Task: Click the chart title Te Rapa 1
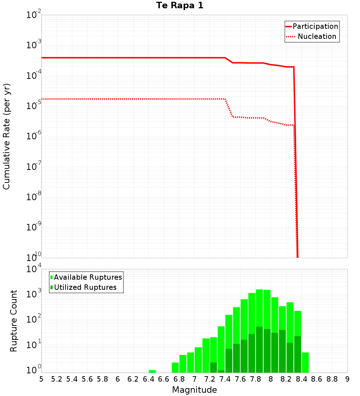point(180,6)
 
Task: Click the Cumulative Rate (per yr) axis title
point(6,136)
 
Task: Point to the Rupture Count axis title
point(14,321)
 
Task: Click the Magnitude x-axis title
point(194,390)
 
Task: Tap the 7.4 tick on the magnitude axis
point(225,379)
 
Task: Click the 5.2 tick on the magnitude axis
point(57,379)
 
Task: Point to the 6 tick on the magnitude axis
point(118,379)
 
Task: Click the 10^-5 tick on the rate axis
point(33,106)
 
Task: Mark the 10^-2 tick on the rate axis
point(33,15)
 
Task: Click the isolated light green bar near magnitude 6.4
point(152,371)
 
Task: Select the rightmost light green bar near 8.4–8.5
point(305,363)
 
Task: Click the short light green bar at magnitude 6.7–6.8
point(175,368)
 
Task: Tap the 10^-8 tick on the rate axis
point(33,197)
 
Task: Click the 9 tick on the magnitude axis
point(347,379)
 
